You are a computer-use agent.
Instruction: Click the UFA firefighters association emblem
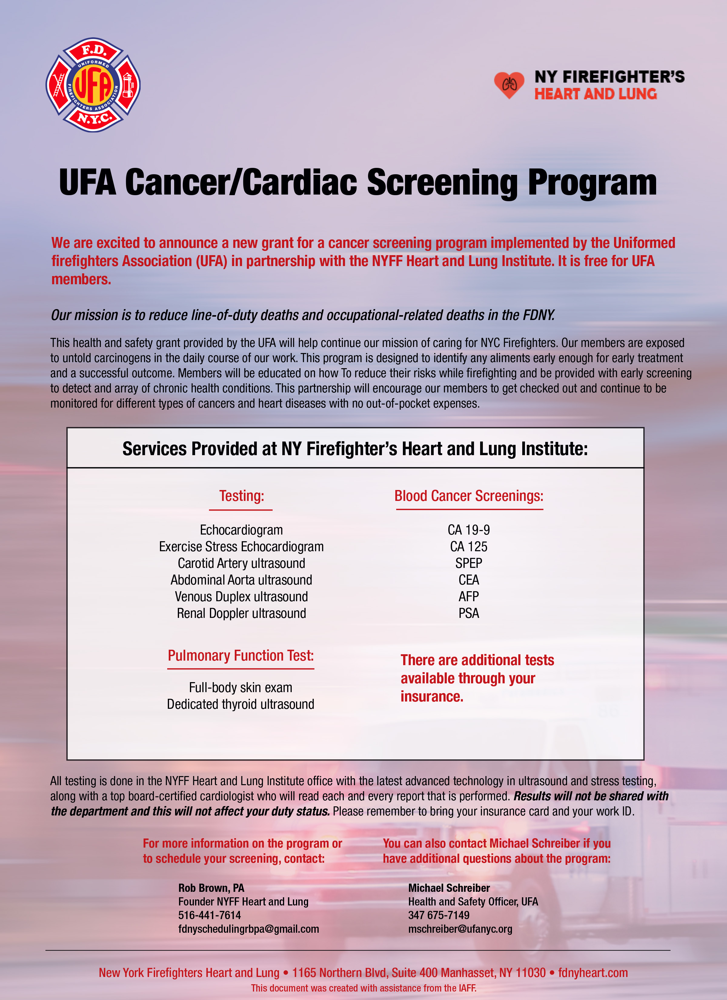[93, 85]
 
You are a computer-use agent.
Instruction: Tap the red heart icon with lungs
[509, 84]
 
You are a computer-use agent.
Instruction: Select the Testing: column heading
[242, 496]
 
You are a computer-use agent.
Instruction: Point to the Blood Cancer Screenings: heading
[469, 496]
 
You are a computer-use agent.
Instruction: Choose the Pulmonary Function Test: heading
[241, 656]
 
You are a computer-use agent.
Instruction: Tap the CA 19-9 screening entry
[469, 530]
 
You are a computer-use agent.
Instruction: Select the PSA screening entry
[469, 613]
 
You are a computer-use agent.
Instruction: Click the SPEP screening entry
[469, 563]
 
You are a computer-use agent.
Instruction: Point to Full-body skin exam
[241, 687]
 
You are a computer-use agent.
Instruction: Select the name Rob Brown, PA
[211, 888]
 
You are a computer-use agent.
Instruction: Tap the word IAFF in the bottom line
[467, 988]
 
